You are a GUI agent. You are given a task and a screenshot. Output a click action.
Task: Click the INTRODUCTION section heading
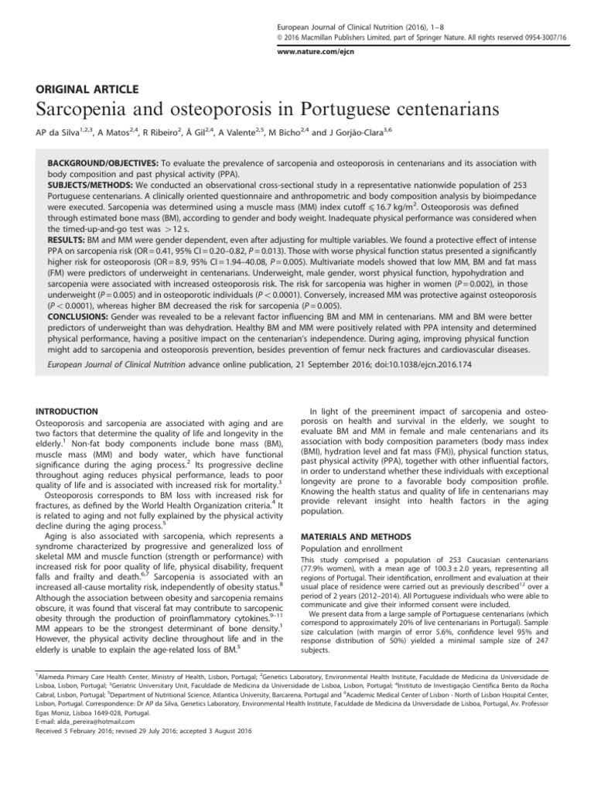[x=71, y=411]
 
